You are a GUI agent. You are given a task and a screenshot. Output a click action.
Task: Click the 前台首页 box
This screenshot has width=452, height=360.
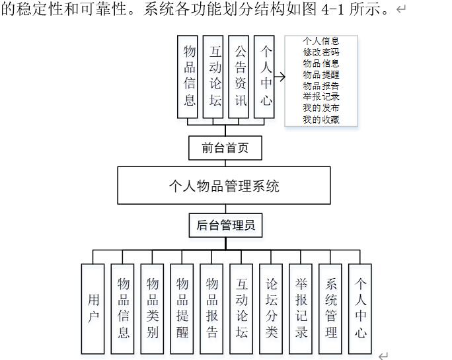[x=225, y=148]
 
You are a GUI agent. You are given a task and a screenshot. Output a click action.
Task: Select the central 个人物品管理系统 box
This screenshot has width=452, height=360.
[x=224, y=186]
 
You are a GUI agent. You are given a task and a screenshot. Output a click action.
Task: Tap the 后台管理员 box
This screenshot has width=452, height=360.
[x=225, y=225]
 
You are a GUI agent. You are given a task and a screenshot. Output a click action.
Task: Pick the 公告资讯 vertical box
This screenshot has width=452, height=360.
[x=239, y=77]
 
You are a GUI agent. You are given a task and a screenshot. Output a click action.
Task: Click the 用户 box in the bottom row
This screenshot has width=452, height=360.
[x=93, y=308]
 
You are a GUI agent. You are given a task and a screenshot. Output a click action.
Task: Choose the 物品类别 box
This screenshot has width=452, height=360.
[x=153, y=308]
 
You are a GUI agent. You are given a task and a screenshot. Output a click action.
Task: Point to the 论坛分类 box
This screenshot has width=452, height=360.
[x=272, y=308]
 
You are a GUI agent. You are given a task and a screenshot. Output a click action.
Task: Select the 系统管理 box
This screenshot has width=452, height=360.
[x=331, y=308]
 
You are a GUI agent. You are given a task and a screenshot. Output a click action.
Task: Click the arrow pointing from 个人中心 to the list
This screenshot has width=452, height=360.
[x=280, y=77]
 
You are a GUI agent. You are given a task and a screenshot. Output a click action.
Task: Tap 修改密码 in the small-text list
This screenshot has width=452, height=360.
[x=321, y=52]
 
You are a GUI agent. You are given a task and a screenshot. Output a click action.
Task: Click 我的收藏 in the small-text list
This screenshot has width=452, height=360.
[x=321, y=120]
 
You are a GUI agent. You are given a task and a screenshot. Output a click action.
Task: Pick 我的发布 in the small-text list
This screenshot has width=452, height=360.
[x=321, y=108]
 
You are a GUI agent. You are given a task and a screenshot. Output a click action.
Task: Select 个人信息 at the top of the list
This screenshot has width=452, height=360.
[x=321, y=41]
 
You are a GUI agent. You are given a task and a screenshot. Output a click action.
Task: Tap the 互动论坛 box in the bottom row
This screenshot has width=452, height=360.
[x=242, y=308]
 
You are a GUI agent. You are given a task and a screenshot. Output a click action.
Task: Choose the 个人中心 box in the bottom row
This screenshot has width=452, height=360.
[x=361, y=308]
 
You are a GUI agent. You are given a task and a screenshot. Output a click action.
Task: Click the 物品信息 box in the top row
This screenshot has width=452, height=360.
[x=189, y=77]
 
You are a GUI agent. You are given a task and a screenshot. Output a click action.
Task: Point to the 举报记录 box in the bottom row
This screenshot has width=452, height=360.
[x=301, y=308]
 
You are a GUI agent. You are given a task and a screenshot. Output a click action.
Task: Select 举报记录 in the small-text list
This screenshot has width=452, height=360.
[x=321, y=97]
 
